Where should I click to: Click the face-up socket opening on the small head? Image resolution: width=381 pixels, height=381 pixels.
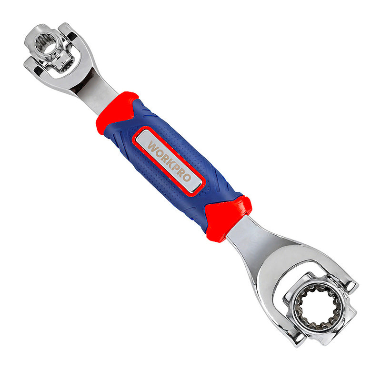pos(46,44)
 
